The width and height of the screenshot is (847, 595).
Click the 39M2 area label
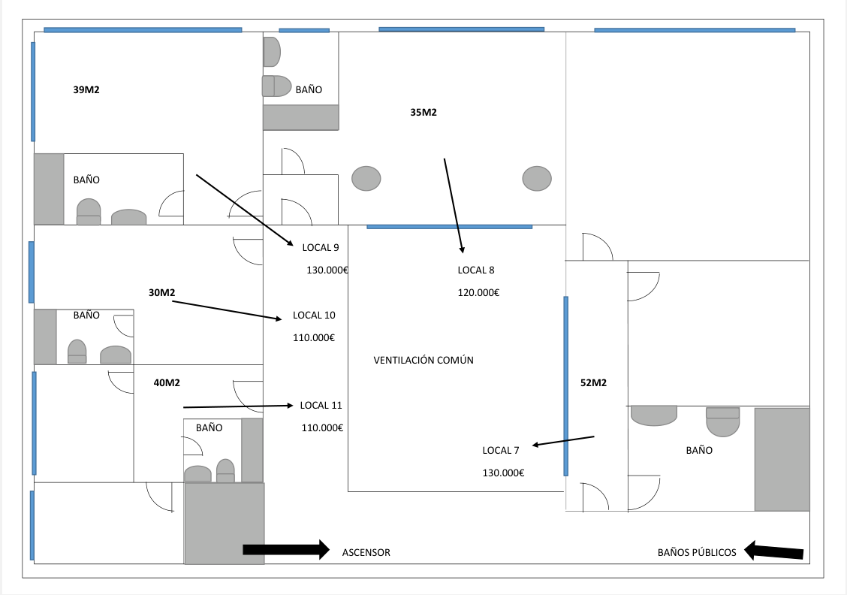coord(86,89)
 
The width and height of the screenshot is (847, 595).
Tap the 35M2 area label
coord(423,113)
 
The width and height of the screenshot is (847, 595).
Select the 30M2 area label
coord(162,292)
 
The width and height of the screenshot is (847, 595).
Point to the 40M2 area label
coord(167,382)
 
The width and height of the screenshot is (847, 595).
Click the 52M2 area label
coord(593,382)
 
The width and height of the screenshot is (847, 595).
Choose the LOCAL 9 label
coord(321,247)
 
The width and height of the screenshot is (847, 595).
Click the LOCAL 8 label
coord(476,270)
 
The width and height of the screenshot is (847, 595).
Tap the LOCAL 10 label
coord(314,315)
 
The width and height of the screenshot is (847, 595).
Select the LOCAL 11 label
coord(321,405)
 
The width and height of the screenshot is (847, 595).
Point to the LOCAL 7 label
coord(501,450)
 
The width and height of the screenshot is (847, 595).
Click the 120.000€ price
coord(478,292)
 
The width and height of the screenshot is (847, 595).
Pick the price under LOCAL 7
coord(503,473)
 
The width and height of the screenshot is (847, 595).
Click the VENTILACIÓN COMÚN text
coord(423,360)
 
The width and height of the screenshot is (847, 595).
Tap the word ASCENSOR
coord(366,552)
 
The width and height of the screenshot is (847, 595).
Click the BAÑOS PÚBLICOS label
coord(697,552)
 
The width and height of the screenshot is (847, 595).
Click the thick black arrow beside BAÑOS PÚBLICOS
coord(774,551)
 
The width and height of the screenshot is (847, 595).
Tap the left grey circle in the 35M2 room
coord(366,178)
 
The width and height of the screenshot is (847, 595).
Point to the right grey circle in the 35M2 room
coord(537,178)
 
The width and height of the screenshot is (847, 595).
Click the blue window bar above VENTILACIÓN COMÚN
coord(449,226)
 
